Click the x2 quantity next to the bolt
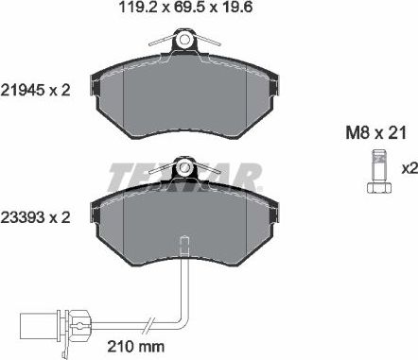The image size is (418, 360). click(408, 168)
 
